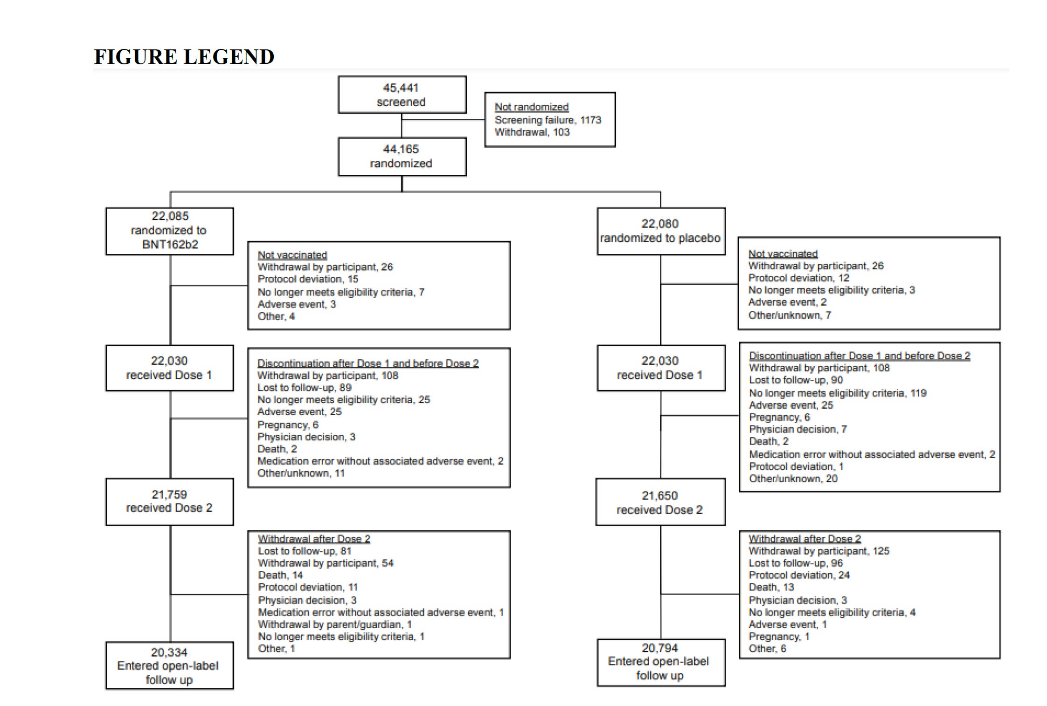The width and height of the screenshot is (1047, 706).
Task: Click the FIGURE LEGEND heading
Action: click(184, 57)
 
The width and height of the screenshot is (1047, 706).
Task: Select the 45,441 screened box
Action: click(402, 95)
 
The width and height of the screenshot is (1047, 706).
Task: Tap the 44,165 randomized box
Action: click(402, 157)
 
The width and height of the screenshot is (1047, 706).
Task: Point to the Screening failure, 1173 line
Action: click(548, 120)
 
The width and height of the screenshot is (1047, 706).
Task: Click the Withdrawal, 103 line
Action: click(532, 132)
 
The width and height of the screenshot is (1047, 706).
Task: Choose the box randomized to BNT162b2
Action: click(170, 231)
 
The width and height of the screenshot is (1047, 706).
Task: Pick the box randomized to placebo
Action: click(660, 231)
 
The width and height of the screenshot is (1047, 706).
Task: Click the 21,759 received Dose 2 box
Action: click(169, 501)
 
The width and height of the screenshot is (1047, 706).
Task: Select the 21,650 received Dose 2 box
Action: click(660, 503)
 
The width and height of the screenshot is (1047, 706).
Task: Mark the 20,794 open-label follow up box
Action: click(660, 662)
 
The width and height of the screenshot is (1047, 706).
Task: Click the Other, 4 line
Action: click(276, 317)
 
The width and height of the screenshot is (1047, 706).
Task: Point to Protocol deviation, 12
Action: click(798, 278)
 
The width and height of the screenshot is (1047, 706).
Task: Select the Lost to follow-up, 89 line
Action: click(305, 388)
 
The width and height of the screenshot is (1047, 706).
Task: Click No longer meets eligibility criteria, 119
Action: click(837, 393)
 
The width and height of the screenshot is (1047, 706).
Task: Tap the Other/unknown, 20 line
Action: click(793, 479)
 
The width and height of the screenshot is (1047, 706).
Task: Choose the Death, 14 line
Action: click(280, 576)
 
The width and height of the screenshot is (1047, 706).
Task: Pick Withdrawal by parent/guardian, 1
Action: click(334, 624)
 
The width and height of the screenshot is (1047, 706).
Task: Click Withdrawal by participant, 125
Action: click(818, 551)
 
